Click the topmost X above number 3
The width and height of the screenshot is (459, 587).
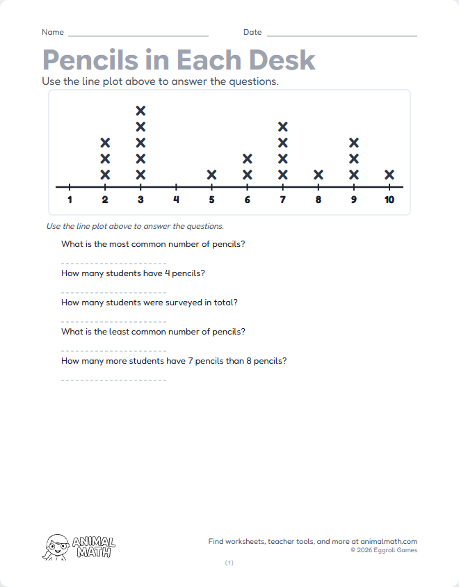pos(141,111)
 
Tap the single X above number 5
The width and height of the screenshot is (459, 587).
pos(212,175)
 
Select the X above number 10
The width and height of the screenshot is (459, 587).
pos(389,175)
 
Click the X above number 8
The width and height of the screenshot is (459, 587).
pos(319,175)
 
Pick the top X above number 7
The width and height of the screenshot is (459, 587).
pos(283,127)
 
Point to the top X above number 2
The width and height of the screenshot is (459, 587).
pos(106,143)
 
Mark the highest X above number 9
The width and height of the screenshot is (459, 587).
pos(354,143)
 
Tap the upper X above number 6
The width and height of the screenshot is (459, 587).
pos(248,159)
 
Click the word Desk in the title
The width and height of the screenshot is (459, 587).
pos(282,61)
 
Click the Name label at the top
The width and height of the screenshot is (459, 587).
pos(53,33)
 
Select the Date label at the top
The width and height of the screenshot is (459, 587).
pos(252,33)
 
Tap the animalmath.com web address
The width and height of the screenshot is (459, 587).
pos(389,541)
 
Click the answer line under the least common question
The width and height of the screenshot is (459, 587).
pos(113,351)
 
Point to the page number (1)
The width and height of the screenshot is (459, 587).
pos(229,563)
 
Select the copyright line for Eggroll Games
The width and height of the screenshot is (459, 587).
pos(384,550)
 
